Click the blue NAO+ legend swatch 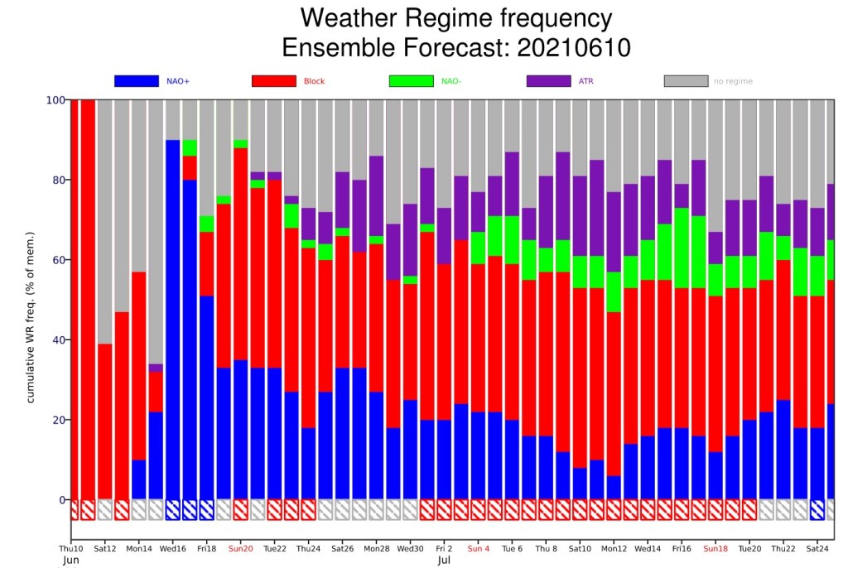click(136, 81)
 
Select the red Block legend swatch click(273, 81)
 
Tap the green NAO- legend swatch click(411, 81)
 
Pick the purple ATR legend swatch click(548, 81)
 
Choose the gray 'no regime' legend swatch click(686, 81)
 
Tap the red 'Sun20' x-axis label click(241, 548)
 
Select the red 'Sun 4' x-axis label click(479, 548)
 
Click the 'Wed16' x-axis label click(173, 548)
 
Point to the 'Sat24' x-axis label click(817, 548)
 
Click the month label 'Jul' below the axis click(444, 561)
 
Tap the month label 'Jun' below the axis click(71, 561)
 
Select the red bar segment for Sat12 click(105, 421)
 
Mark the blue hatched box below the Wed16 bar click(173, 509)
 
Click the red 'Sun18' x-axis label click(715, 548)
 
